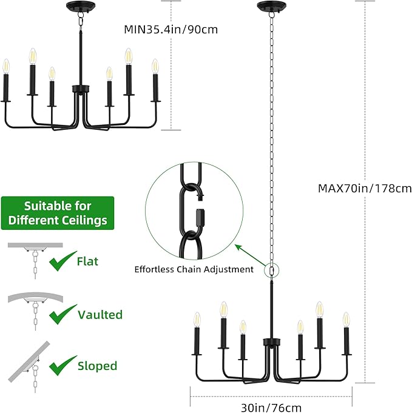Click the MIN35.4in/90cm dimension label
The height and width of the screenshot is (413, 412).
(171, 29)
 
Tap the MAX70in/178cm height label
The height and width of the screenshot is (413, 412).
(365, 189)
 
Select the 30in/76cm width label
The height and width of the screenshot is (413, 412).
(271, 408)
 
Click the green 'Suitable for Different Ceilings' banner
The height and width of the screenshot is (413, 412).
(58, 213)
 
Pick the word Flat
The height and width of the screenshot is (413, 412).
(87, 261)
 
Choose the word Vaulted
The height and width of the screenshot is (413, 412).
(100, 315)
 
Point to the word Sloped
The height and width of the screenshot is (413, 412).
(97, 366)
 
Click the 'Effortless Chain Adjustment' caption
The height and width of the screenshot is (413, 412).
(194, 269)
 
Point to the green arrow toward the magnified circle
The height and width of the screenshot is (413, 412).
(251, 255)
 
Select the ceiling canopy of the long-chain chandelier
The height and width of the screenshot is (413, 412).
(271, 6)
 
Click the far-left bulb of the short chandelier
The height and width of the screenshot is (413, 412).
(6, 66)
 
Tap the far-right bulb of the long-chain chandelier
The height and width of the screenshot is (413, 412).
(346, 320)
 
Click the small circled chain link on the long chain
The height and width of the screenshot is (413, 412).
(271, 270)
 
